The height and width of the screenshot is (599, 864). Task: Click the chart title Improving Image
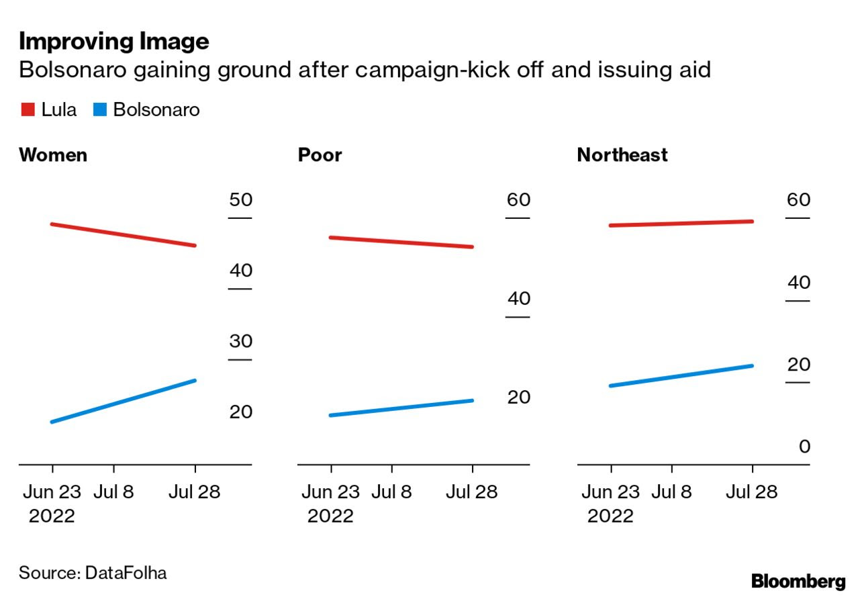(x=114, y=42)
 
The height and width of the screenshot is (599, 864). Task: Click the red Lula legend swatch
(x=28, y=109)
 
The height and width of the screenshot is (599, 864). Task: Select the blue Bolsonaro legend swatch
(x=100, y=109)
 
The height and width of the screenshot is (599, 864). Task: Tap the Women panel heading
(x=53, y=155)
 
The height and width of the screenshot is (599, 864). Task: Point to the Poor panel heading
(x=320, y=155)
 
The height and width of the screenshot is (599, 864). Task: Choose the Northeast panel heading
(x=622, y=155)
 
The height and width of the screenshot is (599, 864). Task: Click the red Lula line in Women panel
(x=123, y=235)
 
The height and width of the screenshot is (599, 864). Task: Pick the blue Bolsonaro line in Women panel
(x=123, y=402)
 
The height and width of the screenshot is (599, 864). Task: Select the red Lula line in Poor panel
(x=401, y=242)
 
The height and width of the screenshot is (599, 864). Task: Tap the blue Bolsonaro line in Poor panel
(x=401, y=408)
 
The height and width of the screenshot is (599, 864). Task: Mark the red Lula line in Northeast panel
(x=681, y=224)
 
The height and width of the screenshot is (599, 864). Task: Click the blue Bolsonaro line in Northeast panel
(x=681, y=376)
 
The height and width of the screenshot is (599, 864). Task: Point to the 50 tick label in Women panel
(x=240, y=200)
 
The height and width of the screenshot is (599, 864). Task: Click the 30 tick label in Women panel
(x=240, y=341)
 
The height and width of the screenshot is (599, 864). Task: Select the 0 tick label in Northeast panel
(x=804, y=447)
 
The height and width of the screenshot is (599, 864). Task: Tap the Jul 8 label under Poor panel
(x=391, y=492)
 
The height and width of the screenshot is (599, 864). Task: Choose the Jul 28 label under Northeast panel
(x=751, y=492)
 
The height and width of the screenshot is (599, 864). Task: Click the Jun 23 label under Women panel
(x=52, y=492)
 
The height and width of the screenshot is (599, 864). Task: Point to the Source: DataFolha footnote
(x=93, y=573)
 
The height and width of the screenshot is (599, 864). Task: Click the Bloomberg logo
(x=798, y=581)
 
